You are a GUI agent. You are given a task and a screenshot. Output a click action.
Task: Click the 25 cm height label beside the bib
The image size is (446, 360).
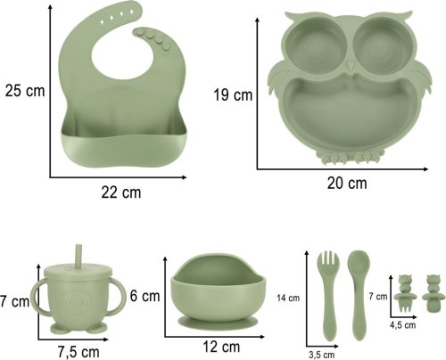(25, 91)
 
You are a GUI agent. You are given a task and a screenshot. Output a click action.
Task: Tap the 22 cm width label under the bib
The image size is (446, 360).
(121, 192)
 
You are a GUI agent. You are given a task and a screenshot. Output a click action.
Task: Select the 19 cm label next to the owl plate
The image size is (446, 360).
(233, 95)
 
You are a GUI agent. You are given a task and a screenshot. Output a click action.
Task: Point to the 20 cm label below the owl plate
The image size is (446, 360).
(347, 183)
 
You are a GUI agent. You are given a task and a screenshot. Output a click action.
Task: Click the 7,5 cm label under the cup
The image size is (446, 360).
(78, 352)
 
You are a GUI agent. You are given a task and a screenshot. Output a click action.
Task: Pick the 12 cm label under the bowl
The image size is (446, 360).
(221, 347)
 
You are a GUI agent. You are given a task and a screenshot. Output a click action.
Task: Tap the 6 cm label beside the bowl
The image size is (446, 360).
(145, 296)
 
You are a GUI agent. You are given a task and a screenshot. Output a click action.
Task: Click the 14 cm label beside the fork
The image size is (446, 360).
(288, 298)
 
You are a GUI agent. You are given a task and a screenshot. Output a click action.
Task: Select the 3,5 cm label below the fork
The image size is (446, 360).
(321, 355)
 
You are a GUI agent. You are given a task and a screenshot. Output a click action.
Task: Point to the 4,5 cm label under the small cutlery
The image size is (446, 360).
(403, 325)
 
